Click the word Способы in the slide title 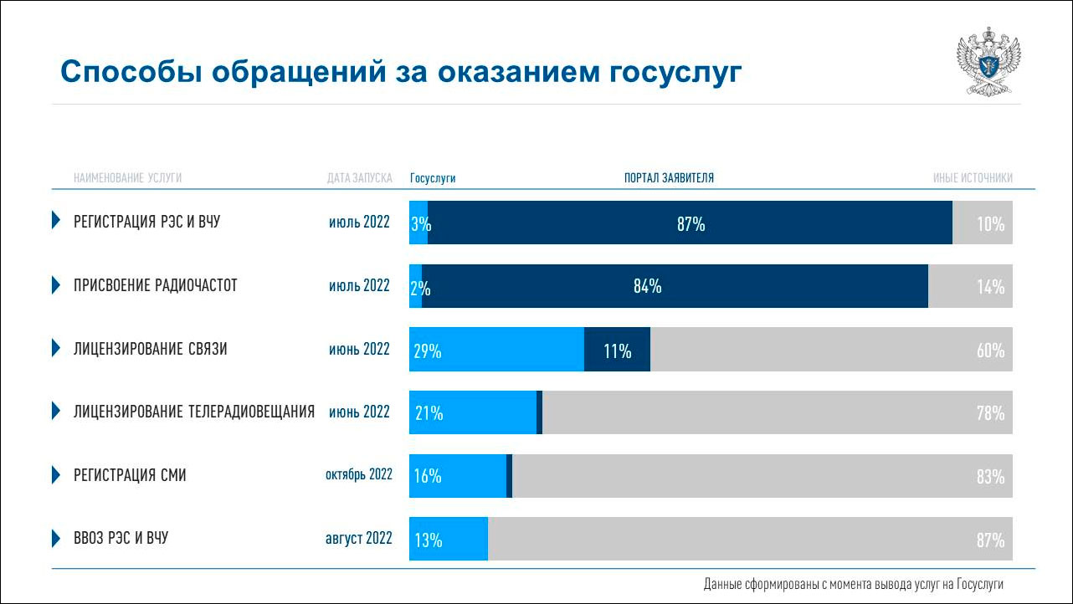click(x=127, y=73)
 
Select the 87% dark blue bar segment click(x=690, y=223)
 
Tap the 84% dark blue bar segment click(x=675, y=286)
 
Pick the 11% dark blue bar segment click(x=617, y=350)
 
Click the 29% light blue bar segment click(x=496, y=350)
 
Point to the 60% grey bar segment click(x=831, y=350)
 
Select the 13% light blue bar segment click(x=449, y=540)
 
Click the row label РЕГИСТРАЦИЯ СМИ click(x=130, y=476)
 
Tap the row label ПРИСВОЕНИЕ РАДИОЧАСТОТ click(x=156, y=286)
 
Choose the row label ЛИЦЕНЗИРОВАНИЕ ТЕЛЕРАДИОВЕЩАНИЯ click(x=194, y=412)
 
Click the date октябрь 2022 click(x=359, y=475)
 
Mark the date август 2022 click(x=359, y=539)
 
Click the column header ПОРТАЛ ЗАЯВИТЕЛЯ click(x=669, y=178)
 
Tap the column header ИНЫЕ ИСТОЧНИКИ click(x=973, y=178)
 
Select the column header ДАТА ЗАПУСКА click(x=359, y=178)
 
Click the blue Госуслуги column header click(x=433, y=178)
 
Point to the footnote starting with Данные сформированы click(x=853, y=585)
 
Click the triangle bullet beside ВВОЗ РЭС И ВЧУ click(x=56, y=538)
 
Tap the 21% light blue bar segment click(x=473, y=412)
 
